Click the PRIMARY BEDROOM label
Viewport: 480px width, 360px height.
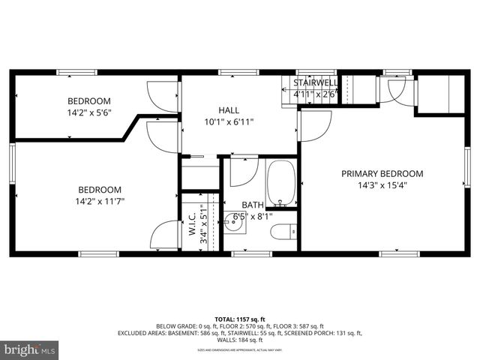382,173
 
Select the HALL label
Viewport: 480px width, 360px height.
229,110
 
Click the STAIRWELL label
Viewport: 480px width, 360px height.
315,82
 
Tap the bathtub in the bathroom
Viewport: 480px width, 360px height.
282,183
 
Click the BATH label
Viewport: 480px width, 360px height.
252,205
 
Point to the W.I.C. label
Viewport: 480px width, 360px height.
192,225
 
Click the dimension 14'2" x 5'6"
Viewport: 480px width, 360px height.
89,113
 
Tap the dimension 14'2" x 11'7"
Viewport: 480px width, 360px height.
99,201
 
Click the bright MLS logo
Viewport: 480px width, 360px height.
30,349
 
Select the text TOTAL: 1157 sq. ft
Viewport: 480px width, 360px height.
240,318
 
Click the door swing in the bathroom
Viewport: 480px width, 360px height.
243,171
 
